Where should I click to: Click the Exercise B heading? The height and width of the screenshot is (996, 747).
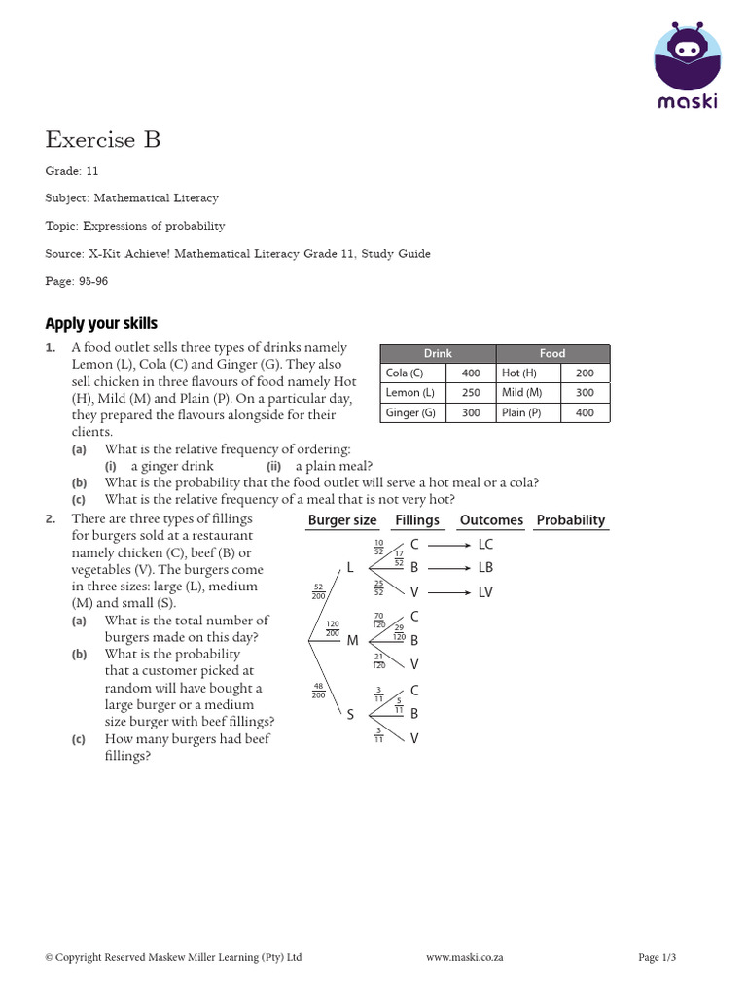point(103,140)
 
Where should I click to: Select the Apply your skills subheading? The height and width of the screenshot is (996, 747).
point(101,324)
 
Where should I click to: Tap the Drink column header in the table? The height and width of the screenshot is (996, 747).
point(438,354)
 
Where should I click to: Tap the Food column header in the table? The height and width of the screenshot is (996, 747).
point(552,354)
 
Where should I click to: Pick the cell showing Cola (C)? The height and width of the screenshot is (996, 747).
point(405,373)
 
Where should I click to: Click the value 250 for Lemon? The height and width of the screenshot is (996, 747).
point(471,393)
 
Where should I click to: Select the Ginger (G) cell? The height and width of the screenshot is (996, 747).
point(409,412)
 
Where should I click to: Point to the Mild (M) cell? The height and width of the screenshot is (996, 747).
point(522,393)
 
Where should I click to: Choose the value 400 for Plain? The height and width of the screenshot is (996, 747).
point(584,412)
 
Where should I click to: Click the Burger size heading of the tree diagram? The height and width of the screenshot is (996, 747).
point(342,520)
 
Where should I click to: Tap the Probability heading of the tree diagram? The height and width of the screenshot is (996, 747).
point(571,520)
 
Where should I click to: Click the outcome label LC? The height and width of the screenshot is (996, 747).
point(486,546)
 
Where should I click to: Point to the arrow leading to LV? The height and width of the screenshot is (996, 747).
point(450,592)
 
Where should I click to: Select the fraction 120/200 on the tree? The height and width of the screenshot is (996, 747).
point(333,627)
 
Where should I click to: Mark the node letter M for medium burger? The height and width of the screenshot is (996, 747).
point(352,640)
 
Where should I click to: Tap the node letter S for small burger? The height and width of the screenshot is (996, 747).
point(350,715)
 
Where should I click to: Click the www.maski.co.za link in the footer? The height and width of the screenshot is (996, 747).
point(465,958)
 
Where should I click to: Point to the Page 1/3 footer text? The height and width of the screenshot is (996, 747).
point(657,958)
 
